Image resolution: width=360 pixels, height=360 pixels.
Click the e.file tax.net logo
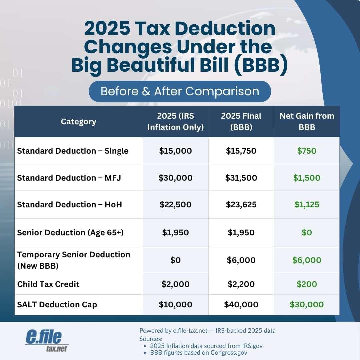click(x=47, y=340)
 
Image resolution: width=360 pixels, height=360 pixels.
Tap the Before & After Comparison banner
click(x=180, y=91)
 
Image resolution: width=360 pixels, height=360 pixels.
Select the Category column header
click(x=79, y=122)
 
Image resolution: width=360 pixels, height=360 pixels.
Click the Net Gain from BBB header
click(x=307, y=122)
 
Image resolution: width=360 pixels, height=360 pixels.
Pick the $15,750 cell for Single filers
click(x=241, y=151)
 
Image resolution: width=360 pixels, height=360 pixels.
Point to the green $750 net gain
click(x=307, y=151)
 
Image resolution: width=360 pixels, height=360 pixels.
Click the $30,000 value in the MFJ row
click(x=175, y=178)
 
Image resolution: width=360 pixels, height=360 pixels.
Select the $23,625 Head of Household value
click(x=241, y=204)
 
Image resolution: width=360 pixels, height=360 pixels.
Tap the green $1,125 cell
click(x=307, y=204)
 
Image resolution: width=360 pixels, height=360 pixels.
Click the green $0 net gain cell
click(x=307, y=232)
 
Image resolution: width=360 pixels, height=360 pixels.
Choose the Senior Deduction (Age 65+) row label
click(x=70, y=232)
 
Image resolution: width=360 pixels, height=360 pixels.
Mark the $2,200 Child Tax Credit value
click(x=241, y=284)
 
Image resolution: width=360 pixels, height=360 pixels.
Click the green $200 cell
click(x=307, y=284)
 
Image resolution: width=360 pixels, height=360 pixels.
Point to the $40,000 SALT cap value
click(x=241, y=304)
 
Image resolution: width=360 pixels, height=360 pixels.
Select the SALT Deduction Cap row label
click(x=57, y=304)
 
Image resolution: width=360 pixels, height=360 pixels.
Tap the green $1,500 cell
click(x=307, y=178)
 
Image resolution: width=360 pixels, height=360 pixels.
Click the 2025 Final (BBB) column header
click(x=241, y=122)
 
